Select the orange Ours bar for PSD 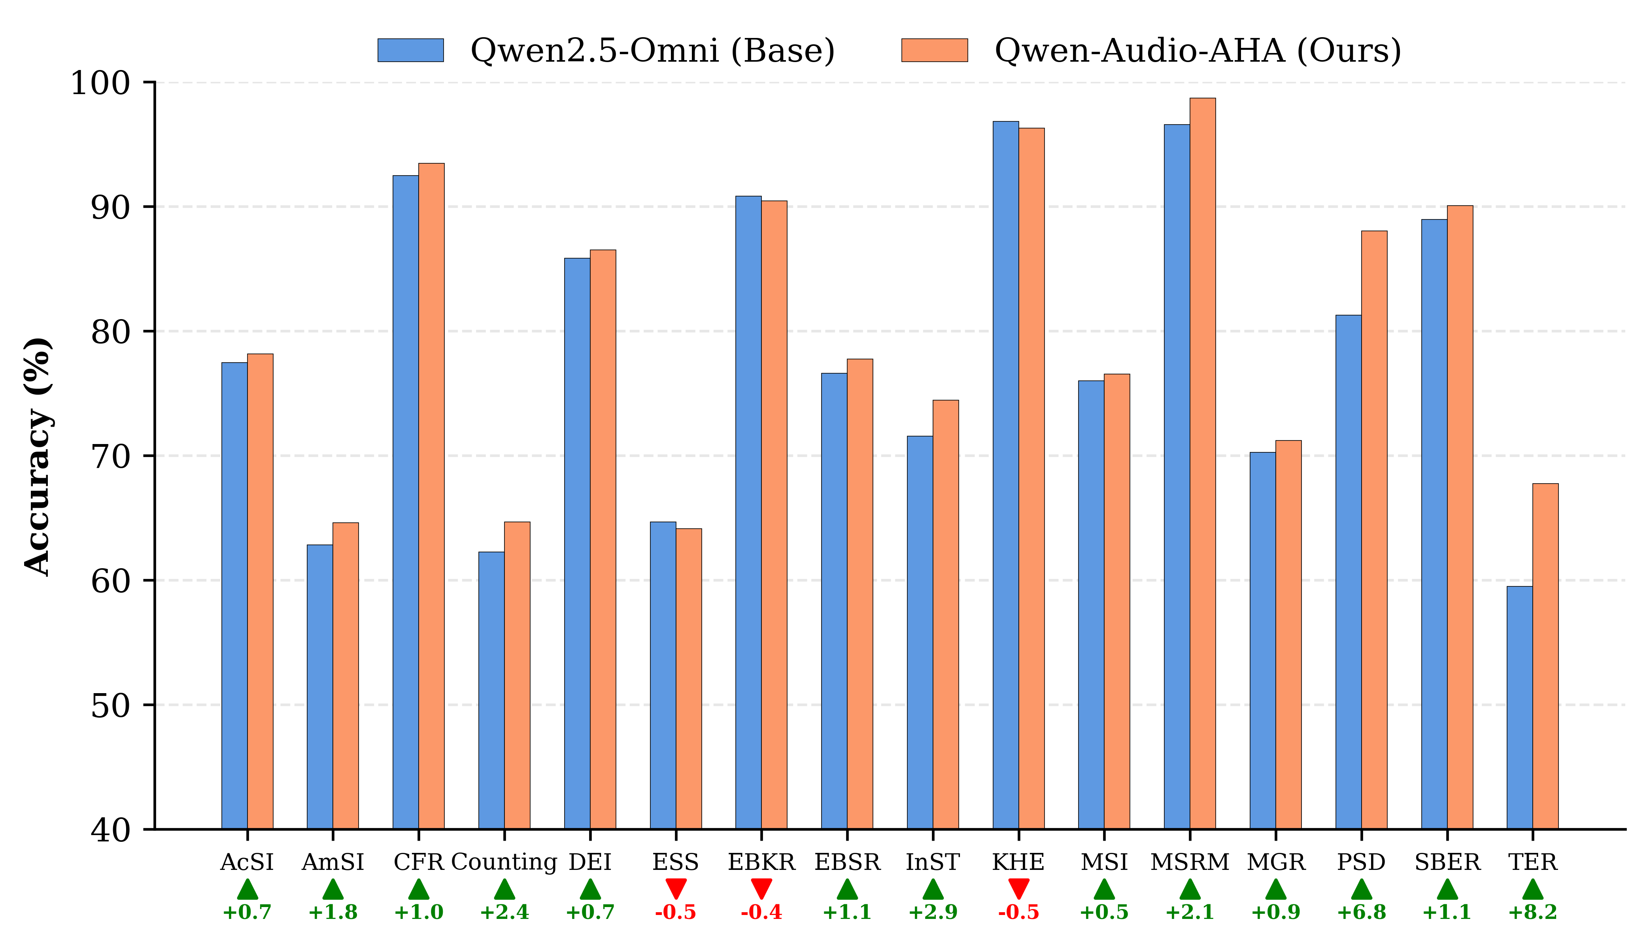(x=1374, y=530)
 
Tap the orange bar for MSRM (x=1202, y=463)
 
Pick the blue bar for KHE (x=1005, y=475)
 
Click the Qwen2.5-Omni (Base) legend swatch (x=410, y=50)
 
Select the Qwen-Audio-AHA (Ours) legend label (x=1198, y=50)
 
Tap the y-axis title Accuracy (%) (x=38, y=457)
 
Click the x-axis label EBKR (x=761, y=862)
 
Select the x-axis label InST (x=933, y=862)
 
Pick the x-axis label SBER (x=1447, y=862)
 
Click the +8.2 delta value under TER (x=1533, y=913)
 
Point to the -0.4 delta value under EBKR (x=761, y=913)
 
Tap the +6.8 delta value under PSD (x=1361, y=913)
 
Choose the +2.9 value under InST (x=933, y=913)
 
